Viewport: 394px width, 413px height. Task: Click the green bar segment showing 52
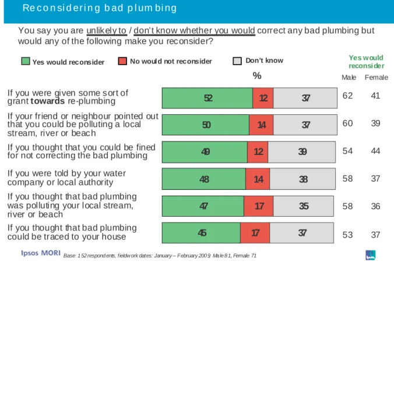[x=207, y=98]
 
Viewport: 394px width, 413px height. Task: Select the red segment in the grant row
[x=263, y=98]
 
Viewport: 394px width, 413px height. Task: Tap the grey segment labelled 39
[x=302, y=152]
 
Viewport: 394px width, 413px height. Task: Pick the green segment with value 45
[x=201, y=233]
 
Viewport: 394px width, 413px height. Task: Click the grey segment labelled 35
[x=303, y=206]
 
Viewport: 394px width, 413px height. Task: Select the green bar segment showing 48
[x=204, y=179]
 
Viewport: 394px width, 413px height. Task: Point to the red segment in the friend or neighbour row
[x=261, y=125]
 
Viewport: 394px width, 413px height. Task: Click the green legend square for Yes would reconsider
[x=26, y=61]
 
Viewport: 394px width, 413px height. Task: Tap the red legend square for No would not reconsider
[x=122, y=61]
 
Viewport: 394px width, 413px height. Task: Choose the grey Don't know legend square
[x=237, y=61]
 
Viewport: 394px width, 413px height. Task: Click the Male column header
[x=349, y=77]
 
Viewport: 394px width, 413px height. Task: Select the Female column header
[x=377, y=77]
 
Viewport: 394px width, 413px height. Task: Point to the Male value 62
[x=347, y=96]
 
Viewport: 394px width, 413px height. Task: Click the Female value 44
[x=375, y=151]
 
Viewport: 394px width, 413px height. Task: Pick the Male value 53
[x=347, y=235]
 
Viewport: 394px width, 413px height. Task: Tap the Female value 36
[x=375, y=206]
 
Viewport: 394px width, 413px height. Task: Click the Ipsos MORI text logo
[x=41, y=253]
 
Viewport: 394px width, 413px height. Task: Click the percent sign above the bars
[x=257, y=76]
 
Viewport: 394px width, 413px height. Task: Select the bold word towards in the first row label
[x=47, y=101]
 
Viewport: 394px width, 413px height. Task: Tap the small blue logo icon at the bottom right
[x=371, y=255]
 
